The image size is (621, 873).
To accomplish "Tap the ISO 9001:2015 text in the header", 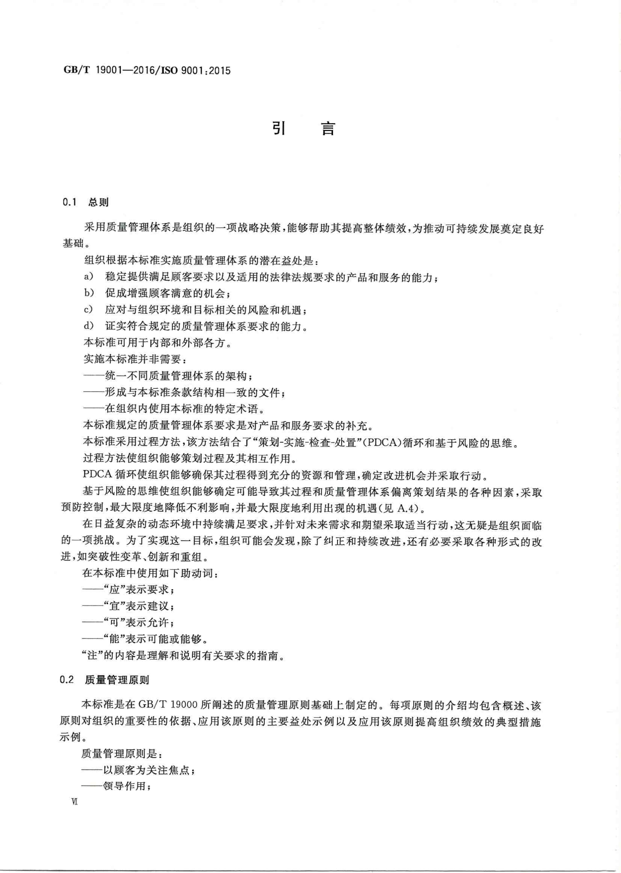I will coord(195,70).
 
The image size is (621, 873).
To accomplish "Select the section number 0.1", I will coord(70,202).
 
